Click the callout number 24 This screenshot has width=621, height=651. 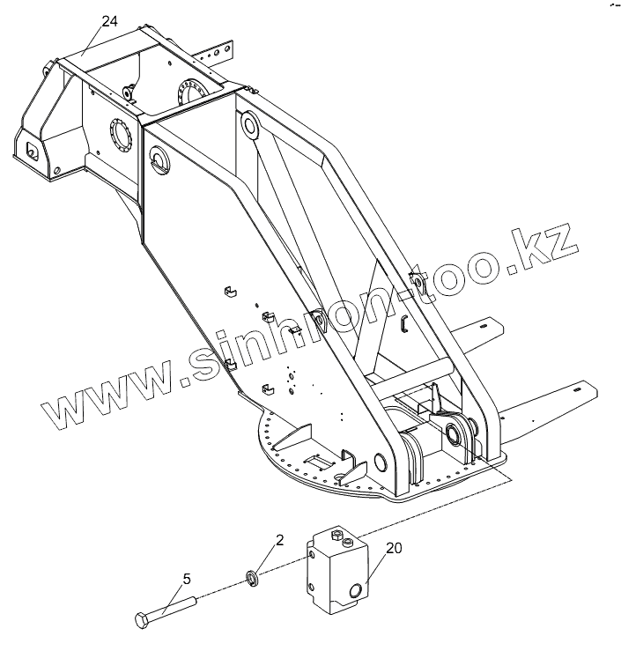[x=109, y=22]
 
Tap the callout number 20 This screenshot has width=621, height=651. [x=394, y=548]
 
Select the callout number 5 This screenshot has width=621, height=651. [x=187, y=579]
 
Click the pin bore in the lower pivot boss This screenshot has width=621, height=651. [x=457, y=433]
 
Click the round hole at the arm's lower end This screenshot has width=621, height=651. [x=381, y=463]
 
